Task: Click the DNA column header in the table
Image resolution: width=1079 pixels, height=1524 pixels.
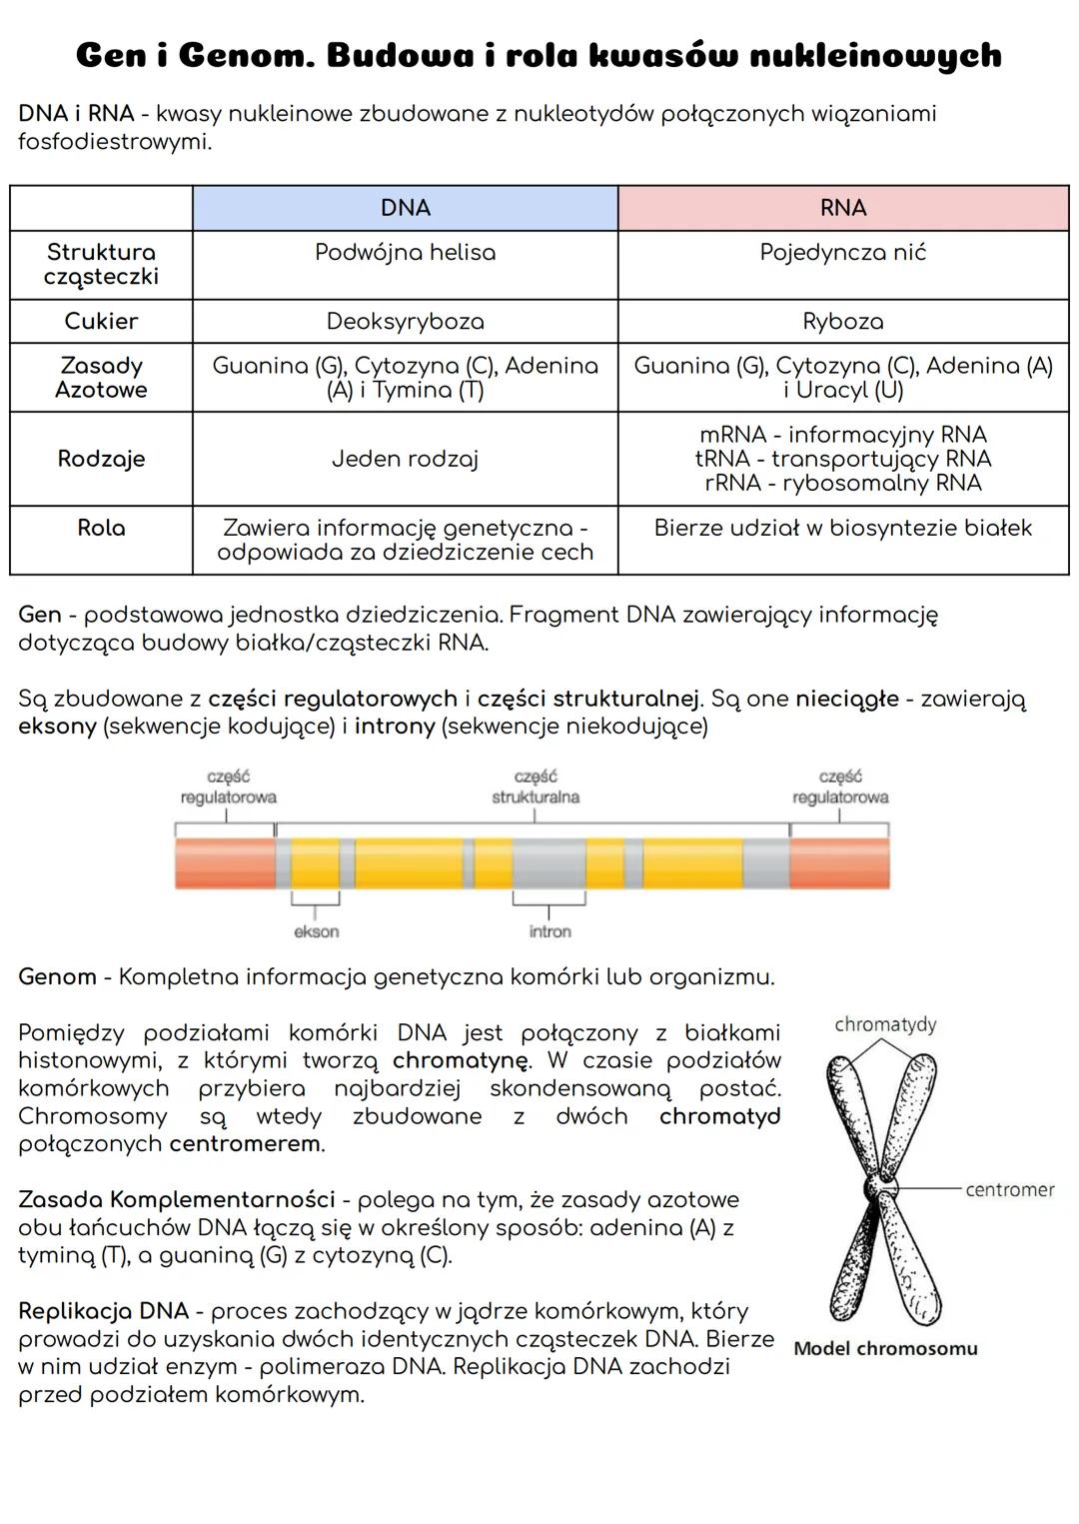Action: pyautogui.click(x=405, y=208)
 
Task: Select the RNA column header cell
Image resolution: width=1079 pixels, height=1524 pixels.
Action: pyautogui.click(x=842, y=208)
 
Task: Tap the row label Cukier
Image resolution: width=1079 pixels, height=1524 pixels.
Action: pyautogui.click(x=101, y=321)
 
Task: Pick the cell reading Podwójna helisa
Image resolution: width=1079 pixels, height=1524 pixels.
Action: pyautogui.click(x=405, y=253)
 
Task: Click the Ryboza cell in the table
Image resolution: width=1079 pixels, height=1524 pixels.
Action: pyautogui.click(x=842, y=321)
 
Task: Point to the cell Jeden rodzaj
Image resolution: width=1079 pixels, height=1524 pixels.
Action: pyautogui.click(x=405, y=459)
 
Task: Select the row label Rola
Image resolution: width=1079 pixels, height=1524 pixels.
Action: pyautogui.click(x=101, y=528)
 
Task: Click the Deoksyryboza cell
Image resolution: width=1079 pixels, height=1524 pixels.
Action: pyautogui.click(x=405, y=321)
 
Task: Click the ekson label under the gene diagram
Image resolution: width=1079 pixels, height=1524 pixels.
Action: pyautogui.click(x=316, y=931)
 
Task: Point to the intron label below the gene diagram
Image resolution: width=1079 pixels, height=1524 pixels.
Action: pyautogui.click(x=549, y=931)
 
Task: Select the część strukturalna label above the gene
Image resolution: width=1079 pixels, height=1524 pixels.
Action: pyautogui.click(x=536, y=787)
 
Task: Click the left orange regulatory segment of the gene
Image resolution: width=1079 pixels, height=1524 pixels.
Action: pyautogui.click(x=225, y=863)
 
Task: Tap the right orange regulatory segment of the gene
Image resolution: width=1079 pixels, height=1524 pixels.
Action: pyautogui.click(x=839, y=863)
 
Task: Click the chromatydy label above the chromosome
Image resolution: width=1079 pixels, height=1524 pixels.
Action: pyautogui.click(x=885, y=1024)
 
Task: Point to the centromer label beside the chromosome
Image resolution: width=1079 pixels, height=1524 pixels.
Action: pyautogui.click(x=1010, y=1189)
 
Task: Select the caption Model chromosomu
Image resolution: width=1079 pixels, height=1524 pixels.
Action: pyautogui.click(x=885, y=1348)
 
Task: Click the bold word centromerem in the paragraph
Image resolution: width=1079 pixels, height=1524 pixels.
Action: pyautogui.click(x=246, y=1143)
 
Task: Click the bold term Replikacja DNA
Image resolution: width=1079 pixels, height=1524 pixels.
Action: pyautogui.click(x=103, y=1311)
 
